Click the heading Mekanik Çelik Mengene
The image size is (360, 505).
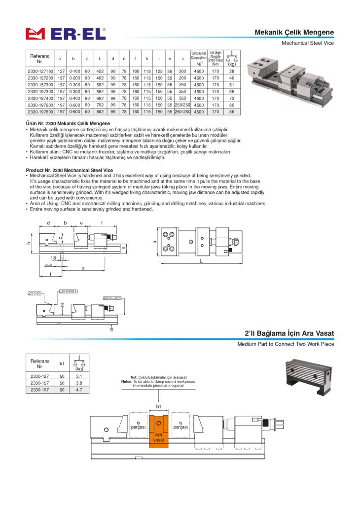click(x=294, y=33)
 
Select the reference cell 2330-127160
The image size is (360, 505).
click(x=40, y=71)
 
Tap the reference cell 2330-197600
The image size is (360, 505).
click(x=40, y=112)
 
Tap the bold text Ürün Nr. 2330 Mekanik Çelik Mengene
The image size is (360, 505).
click(x=68, y=123)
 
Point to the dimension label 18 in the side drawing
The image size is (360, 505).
click(x=53, y=257)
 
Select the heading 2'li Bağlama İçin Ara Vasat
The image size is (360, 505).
click(x=289, y=334)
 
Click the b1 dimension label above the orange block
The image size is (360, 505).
click(x=159, y=406)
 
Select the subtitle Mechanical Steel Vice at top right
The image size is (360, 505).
click(x=307, y=43)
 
